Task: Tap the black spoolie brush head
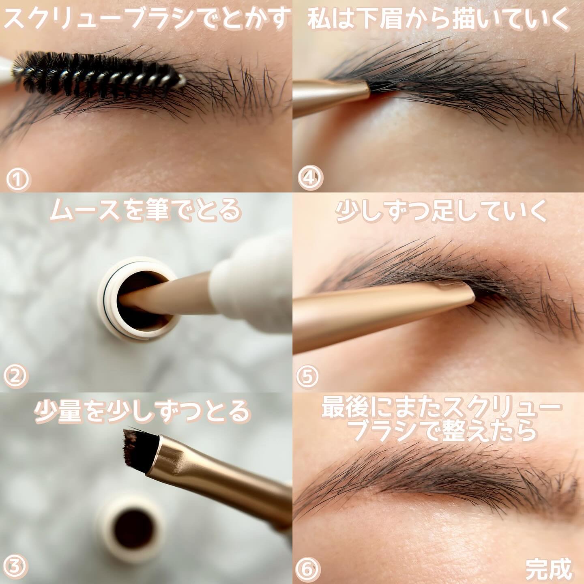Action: pos(97,75)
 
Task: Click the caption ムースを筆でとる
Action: pos(146,211)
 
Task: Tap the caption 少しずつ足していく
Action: pos(441,211)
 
